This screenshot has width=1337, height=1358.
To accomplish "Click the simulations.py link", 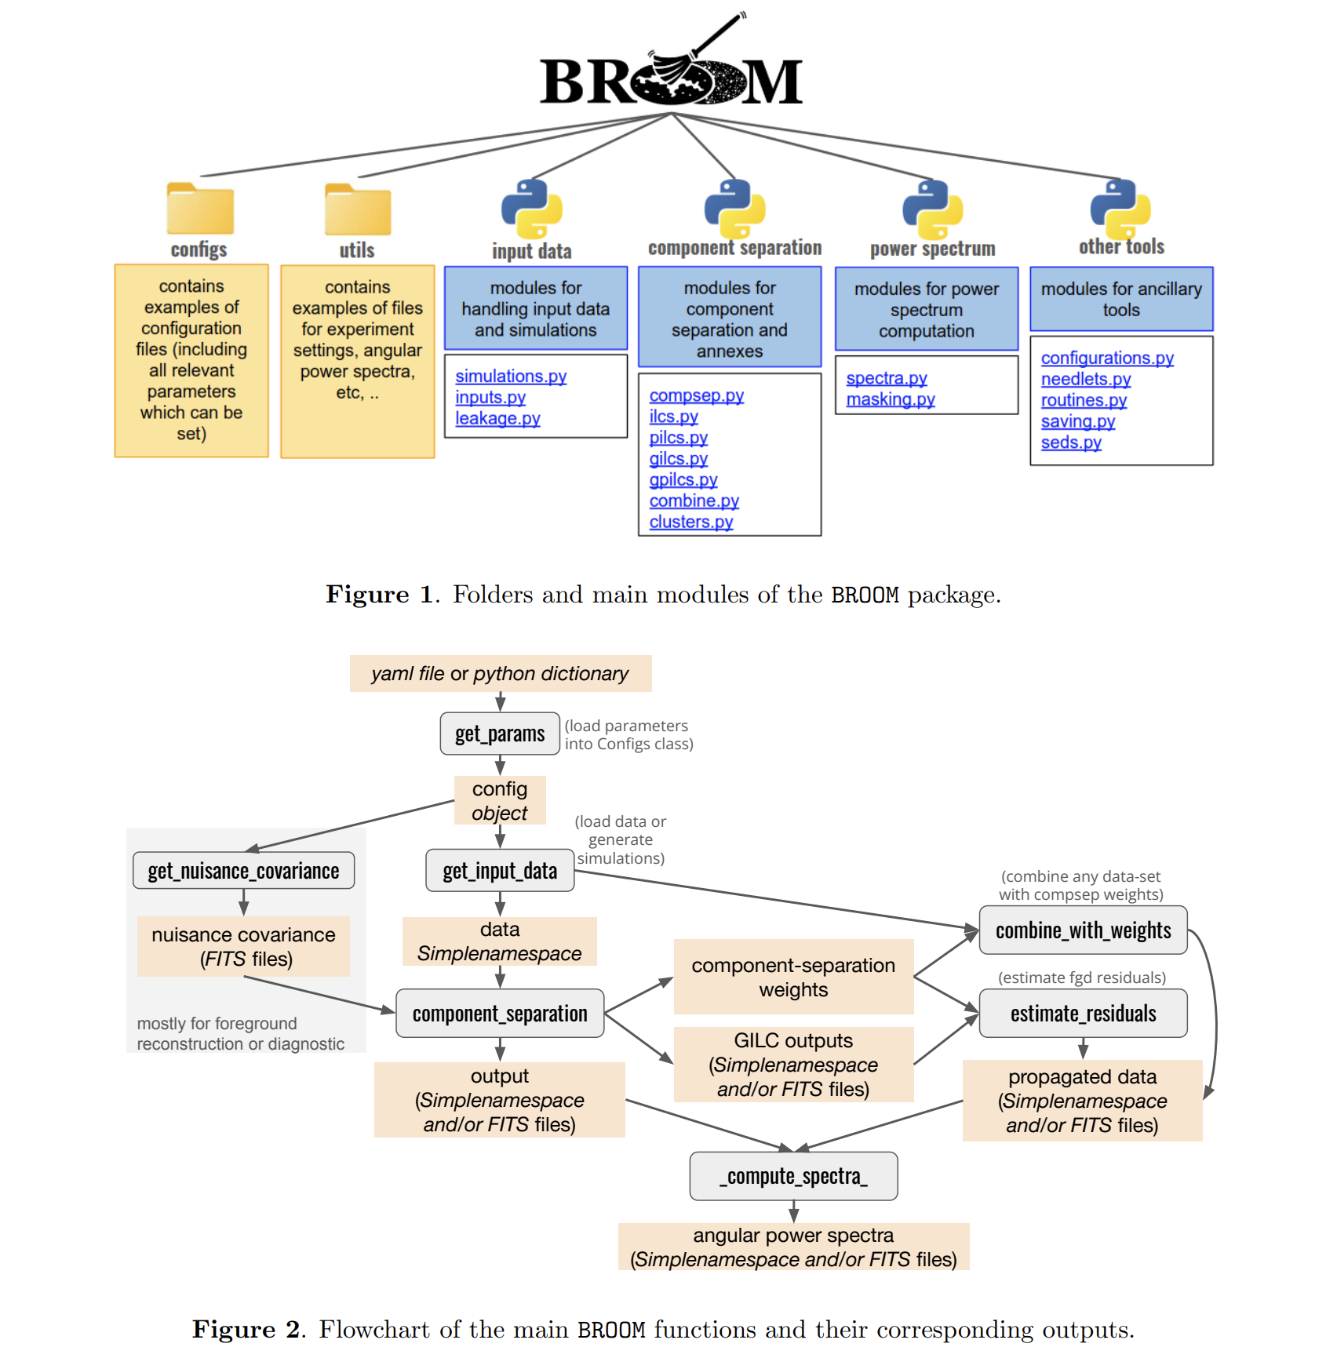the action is (511, 377).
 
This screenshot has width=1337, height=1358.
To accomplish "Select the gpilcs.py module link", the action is (683, 479).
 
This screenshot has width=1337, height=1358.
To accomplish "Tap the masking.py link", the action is (891, 399).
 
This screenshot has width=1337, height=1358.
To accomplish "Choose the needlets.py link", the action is (1086, 379).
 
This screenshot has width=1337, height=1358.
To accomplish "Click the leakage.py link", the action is (497, 419).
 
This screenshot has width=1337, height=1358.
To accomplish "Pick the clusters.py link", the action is (691, 522).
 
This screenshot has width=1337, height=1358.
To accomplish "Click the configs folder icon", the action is (200, 209).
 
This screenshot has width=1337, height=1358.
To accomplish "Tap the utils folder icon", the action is (358, 209).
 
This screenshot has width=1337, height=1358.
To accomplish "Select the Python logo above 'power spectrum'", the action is (933, 209).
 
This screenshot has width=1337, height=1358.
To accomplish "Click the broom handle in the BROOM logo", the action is (718, 35).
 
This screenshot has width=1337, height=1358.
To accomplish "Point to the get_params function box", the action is (500, 734).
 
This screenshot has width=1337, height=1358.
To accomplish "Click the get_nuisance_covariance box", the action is (243, 871).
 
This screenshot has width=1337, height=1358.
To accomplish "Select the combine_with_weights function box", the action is (1083, 930).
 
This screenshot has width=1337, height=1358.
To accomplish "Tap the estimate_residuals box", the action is (1083, 1014).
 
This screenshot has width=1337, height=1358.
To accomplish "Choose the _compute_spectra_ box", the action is (793, 1176).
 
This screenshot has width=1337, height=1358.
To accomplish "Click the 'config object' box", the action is (500, 800).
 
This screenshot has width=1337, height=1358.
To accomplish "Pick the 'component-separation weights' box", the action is (793, 977).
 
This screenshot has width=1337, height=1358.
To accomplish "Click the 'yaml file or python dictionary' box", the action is (501, 673).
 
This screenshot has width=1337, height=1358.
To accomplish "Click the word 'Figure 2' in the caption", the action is (246, 1330).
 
